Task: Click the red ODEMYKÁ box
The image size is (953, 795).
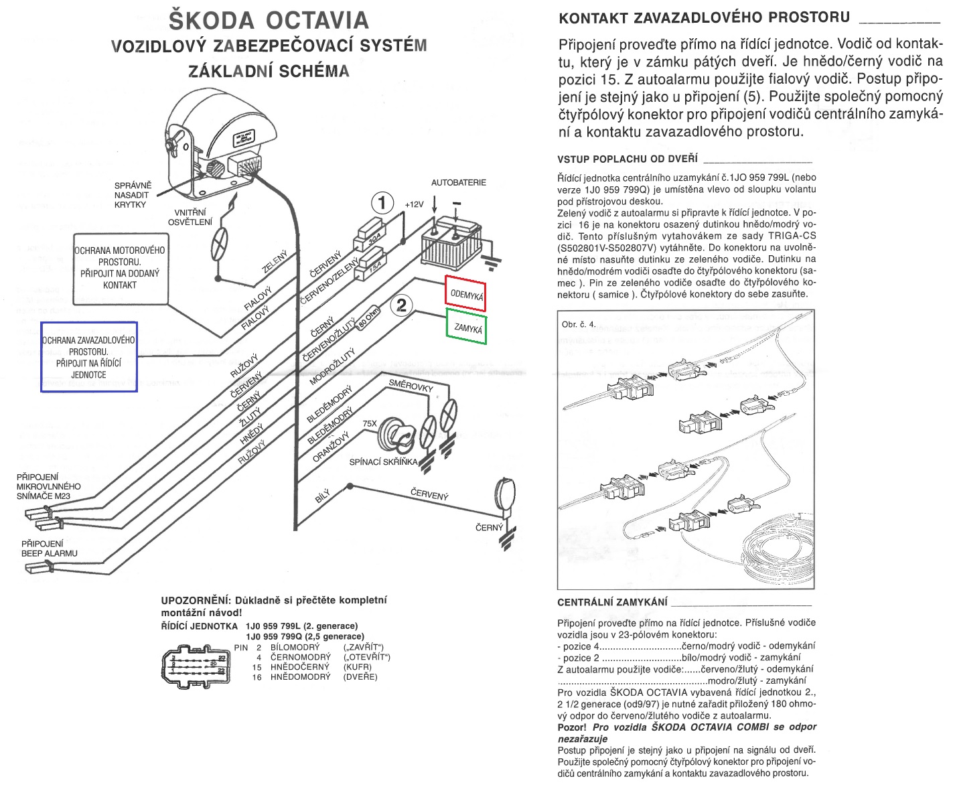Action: [466, 293]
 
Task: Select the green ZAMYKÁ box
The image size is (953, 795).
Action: [467, 327]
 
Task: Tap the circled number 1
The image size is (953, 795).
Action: [382, 203]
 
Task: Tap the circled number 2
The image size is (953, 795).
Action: [402, 305]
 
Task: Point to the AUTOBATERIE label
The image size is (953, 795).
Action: [459, 182]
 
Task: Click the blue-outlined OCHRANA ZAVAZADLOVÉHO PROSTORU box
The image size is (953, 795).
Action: [89, 357]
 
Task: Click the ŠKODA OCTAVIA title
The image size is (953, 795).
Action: [269, 19]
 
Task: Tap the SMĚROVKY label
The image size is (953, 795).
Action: [411, 385]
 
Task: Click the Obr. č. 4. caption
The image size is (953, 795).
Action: [579, 325]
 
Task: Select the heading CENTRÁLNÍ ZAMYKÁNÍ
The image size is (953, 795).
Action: [612, 602]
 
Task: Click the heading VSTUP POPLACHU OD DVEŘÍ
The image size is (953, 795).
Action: [627, 159]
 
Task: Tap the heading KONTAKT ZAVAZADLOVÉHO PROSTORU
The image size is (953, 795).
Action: [704, 17]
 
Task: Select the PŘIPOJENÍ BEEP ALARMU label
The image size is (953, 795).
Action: [50, 549]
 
